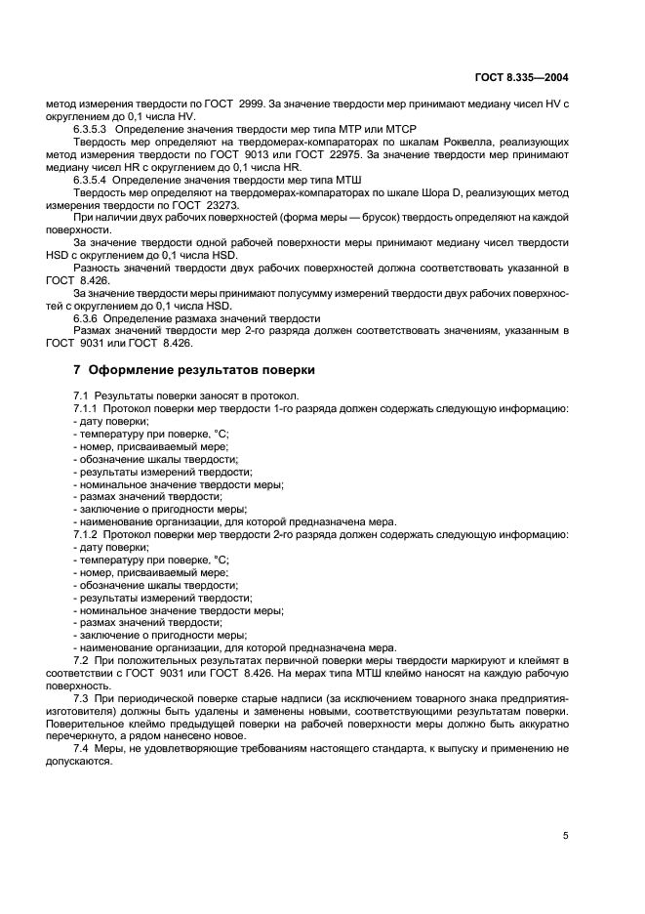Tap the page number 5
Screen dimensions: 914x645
click(x=565, y=836)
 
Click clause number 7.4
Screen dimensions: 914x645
click(x=83, y=748)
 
